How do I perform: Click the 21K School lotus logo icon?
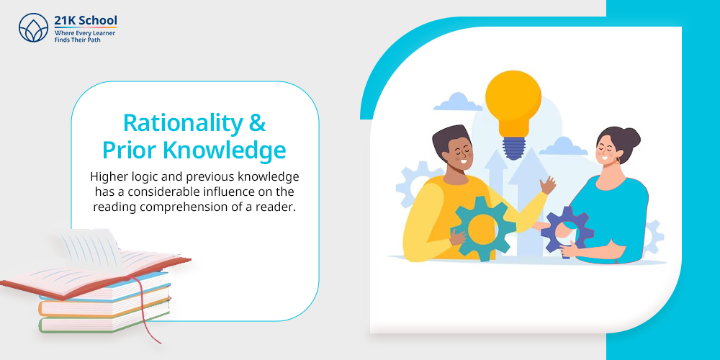34,27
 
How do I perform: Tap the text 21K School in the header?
86,21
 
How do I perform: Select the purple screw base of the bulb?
513,148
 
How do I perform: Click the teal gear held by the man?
483,228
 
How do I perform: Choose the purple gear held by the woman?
567,231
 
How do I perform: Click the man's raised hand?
548,185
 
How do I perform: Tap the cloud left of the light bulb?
458,102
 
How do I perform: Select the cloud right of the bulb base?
563,146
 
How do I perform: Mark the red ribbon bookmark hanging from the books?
148,312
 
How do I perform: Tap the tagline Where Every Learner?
84,33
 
